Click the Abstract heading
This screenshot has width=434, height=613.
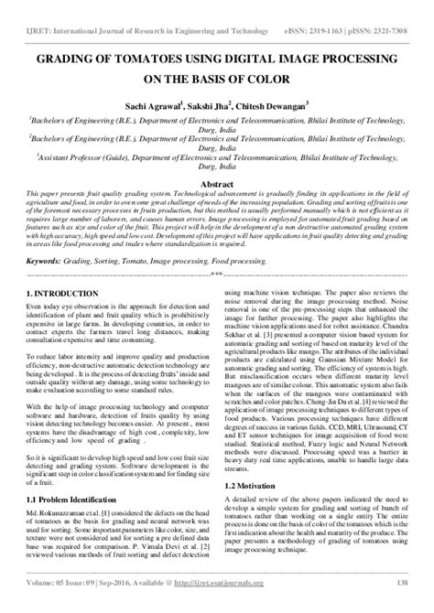coord(217,182)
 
